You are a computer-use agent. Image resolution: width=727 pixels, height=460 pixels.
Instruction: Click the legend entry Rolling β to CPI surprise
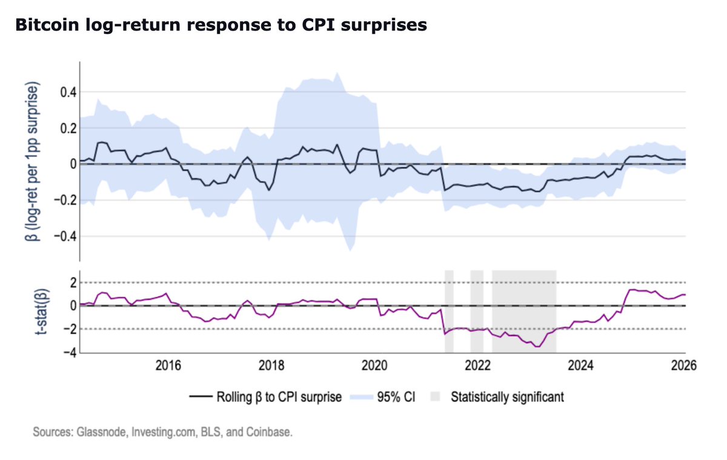coord(279,398)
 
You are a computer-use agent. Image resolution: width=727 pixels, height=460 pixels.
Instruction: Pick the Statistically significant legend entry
coord(507,398)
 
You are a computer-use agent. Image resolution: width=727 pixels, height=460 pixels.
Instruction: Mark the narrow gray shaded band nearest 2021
coord(449,311)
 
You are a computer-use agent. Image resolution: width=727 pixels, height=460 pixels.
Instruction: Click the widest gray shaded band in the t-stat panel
coord(524,311)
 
